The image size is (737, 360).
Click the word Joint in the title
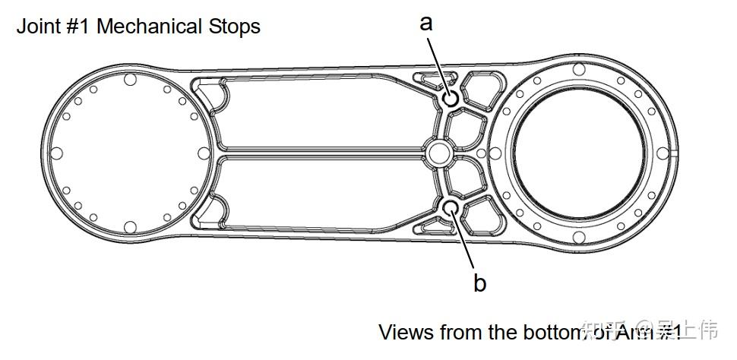coord(37,27)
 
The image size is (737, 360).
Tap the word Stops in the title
coord(234,27)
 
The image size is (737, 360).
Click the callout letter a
coord(426,23)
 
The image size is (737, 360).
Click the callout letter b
coord(479,283)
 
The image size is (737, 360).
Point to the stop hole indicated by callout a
coord(451,97)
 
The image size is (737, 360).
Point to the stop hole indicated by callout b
coord(451,207)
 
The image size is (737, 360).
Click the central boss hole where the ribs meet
coord(438,153)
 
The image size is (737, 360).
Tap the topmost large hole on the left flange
coord(130,79)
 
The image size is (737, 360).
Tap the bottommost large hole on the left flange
coord(130,226)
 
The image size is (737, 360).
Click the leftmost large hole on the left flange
coord(57,153)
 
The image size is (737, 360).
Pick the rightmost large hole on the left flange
coord(203,153)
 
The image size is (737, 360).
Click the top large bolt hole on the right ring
coord(579,70)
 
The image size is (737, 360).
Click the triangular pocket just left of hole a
coord(429,77)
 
